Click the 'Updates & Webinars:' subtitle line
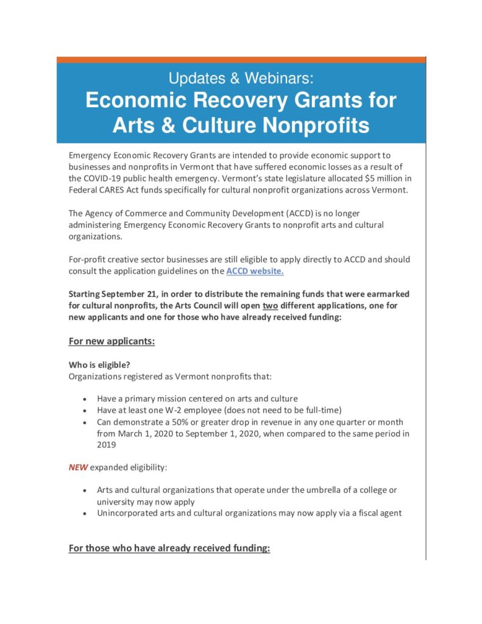click(x=241, y=78)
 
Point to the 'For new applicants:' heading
click(x=112, y=341)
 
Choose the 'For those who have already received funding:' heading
click(x=169, y=548)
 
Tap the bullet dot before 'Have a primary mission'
click(x=84, y=399)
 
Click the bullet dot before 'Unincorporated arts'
click(x=84, y=513)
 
